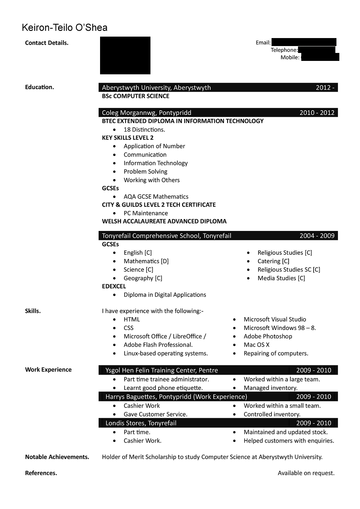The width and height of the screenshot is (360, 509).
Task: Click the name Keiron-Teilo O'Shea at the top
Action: point(65,28)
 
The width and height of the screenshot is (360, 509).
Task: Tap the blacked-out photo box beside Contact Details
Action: point(125,55)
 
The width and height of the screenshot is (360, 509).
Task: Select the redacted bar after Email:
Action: point(303,42)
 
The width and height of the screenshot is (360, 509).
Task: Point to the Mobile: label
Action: point(290,57)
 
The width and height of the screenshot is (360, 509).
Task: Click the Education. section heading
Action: point(40,87)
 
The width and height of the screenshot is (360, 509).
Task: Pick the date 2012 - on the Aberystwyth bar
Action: point(325,87)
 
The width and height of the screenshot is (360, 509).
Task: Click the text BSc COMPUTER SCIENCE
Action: point(136,96)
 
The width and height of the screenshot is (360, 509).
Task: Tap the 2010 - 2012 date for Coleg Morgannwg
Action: point(317,113)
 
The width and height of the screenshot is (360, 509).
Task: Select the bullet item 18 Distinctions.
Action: point(144,129)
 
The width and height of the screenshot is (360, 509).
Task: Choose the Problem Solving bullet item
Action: point(145,171)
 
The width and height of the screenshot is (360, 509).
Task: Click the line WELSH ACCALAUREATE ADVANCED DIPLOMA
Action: point(164,221)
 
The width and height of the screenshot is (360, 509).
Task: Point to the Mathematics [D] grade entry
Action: point(146,261)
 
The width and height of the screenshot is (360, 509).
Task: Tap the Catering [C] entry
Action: point(273,261)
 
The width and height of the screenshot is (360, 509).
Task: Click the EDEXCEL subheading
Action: point(114,286)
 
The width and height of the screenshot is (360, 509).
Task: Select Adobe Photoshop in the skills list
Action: point(268,336)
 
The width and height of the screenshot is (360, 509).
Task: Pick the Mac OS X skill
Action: point(256,345)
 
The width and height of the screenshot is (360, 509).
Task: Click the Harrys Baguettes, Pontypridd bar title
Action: point(176,397)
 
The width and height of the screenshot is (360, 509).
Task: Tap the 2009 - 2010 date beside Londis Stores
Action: point(314,423)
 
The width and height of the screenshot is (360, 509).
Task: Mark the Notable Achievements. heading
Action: point(57,457)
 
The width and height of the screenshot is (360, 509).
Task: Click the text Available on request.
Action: point(306,473)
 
